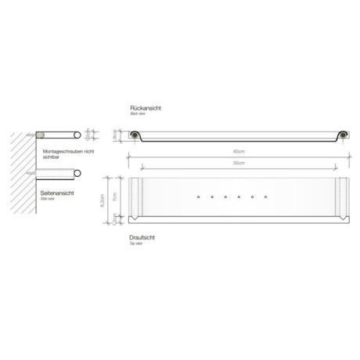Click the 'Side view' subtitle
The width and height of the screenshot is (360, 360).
pyautogui.click(x=47, y=198)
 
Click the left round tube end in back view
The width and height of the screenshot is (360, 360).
pyautogui.click(x=136, y=135)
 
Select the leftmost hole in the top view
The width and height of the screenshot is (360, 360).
pyautogui.click(x=199, y=196)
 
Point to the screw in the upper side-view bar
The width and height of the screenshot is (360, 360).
pyautogui.click(x=38, y=135)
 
